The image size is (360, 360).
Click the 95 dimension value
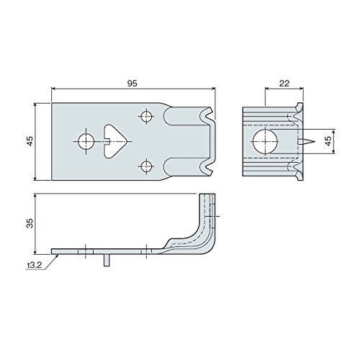coord(132,84)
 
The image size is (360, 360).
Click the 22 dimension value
coord(284,84)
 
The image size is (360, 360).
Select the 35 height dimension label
coord(30,223)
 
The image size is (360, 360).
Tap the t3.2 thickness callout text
coord(35,265)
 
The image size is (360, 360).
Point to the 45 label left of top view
coord(30,141)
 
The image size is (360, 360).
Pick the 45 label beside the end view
coord(328,141)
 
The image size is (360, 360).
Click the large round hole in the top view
coord(86,141)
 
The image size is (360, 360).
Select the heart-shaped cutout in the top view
coord(114,141)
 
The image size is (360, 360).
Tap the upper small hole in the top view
coord(146,117)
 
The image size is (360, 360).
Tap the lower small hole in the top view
coord(146,166)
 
